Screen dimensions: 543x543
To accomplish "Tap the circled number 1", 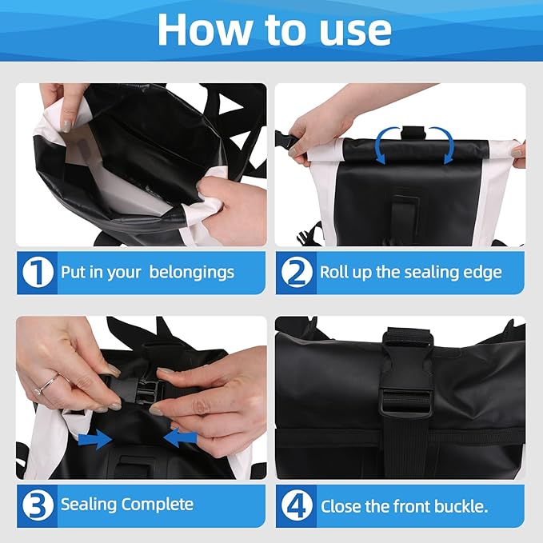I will pos(37,273).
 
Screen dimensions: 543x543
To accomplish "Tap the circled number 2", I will pos(296,273).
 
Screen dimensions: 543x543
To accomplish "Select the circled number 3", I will pos(37,505).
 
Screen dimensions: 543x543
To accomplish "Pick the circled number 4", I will pos(296,505).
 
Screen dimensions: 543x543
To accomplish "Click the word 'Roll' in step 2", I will pos(333,272).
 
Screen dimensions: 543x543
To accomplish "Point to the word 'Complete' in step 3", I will pos(158,505).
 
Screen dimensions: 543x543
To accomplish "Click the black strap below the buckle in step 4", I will pos(406,444).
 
